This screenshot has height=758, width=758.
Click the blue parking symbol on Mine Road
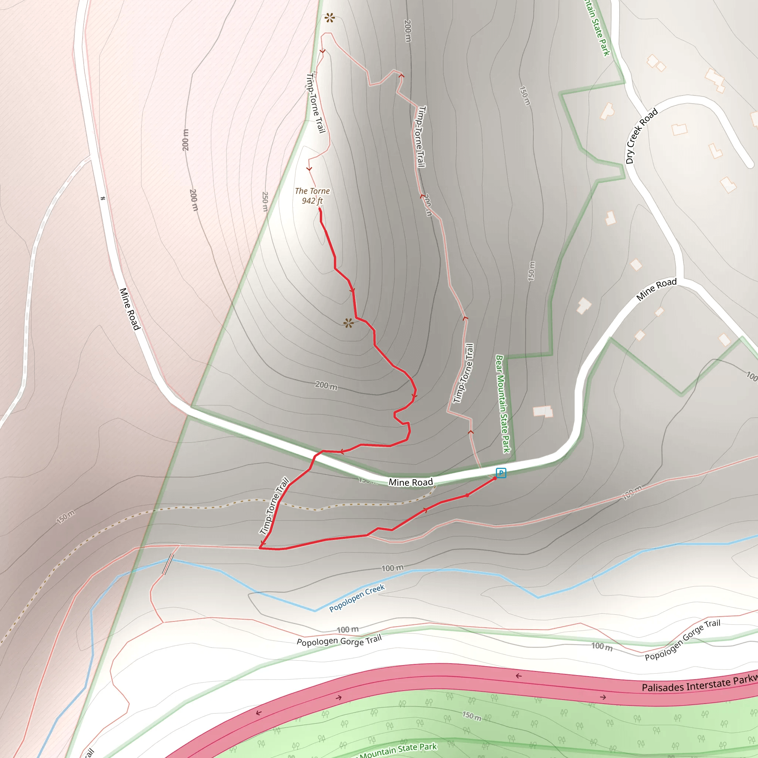(501, 473)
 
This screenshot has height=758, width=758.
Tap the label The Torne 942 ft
(312, 196)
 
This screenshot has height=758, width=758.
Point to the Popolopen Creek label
(357, 598)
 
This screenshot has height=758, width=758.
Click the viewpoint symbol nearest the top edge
(329, 18)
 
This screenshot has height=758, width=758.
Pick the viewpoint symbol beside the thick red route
(348, 323)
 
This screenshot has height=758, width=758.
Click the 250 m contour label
(265, 201)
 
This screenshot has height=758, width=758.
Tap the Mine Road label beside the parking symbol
(410, 482)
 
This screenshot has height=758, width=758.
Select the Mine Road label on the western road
(130, 309)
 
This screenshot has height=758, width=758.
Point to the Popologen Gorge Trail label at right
(682, 640)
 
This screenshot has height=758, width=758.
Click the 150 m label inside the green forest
(472, 716)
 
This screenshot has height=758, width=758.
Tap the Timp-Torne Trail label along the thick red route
(274, 506)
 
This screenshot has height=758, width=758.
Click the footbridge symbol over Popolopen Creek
(168, 564)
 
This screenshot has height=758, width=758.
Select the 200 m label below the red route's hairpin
(326, 385)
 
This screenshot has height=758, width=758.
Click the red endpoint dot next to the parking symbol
(495, 478)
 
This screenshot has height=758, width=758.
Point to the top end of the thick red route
(320, 209)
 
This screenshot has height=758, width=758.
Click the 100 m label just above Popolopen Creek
(392, 568)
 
